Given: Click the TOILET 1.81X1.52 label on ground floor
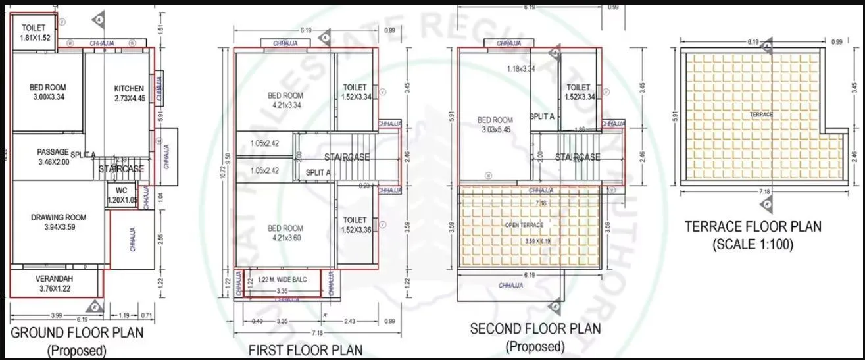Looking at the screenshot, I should tap(34, 33).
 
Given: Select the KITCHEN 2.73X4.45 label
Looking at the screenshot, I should tap(129, 93).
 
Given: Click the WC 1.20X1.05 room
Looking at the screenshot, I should tap(122, 195).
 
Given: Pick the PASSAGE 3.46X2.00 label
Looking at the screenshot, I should tap(53, 156).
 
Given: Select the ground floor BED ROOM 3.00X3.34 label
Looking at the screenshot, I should tap(47, 92).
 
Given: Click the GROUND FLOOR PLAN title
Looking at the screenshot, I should tap(78, 333).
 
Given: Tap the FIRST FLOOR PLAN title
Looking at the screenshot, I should tap(305, 350).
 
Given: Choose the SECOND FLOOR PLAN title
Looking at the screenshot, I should tap(535, 328).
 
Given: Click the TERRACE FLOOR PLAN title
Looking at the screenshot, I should tap(753, 226).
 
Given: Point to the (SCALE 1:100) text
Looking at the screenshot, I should tap(753, 244).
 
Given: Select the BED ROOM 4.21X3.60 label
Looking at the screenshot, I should tap(285, 233).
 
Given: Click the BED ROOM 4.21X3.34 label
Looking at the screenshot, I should tap(285, 100).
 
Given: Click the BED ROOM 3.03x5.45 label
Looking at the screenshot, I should tap(495, 125).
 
